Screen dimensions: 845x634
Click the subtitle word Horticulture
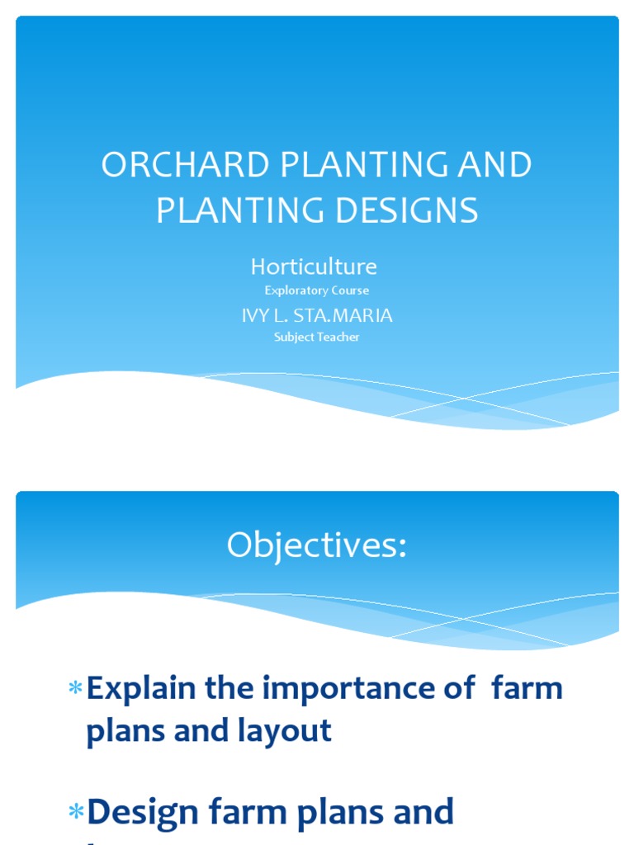tap(314, 267)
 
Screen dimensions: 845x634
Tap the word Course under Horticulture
tap(351, 290)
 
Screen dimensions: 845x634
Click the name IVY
tap(256, 316)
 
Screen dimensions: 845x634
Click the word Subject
tap(294, 338)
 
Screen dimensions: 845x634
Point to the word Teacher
tap(340, 338)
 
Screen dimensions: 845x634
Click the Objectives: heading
tap(317, 545)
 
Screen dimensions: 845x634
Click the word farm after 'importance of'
tap(527, 689)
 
